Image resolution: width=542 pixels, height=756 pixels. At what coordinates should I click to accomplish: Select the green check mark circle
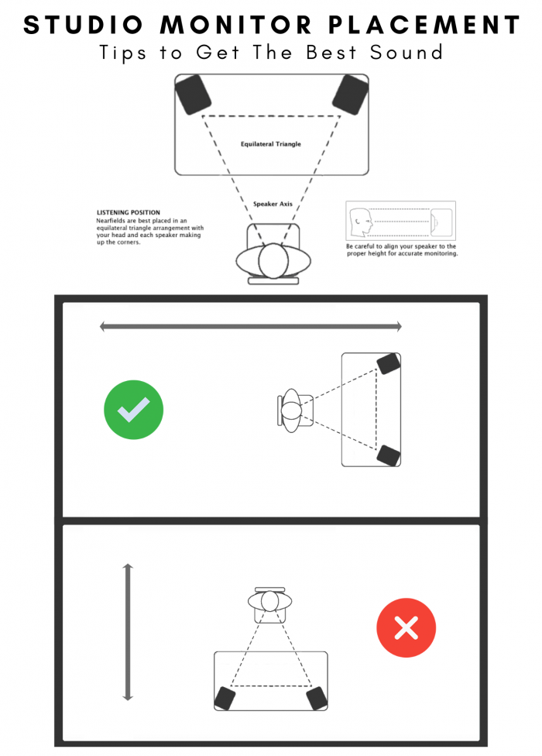[x=133, y=410]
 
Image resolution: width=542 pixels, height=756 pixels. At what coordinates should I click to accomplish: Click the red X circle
[x=406, y=628]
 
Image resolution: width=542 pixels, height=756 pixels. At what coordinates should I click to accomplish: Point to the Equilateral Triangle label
[x=271, y=144]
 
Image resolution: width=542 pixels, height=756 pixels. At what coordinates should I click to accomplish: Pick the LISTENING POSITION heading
[x=129, y=212]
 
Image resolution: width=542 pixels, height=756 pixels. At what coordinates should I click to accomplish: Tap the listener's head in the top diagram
[x=272, y=261]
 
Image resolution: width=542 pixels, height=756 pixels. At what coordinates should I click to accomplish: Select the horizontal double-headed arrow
[x=251, y=327]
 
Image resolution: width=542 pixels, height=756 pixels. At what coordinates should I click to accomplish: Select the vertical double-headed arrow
[x=128, y=634]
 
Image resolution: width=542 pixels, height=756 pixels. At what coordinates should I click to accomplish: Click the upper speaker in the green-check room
[x=387, y=363]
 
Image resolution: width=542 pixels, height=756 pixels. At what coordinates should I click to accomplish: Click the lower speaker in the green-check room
[x=387, y=455]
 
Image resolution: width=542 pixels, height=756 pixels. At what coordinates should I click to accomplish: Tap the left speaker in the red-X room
[x=225, y=698]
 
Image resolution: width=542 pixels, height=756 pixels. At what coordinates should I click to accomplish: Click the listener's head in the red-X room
[x=270, y=601]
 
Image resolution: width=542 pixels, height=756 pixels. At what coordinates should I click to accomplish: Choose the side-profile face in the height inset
[x=361, y=223]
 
